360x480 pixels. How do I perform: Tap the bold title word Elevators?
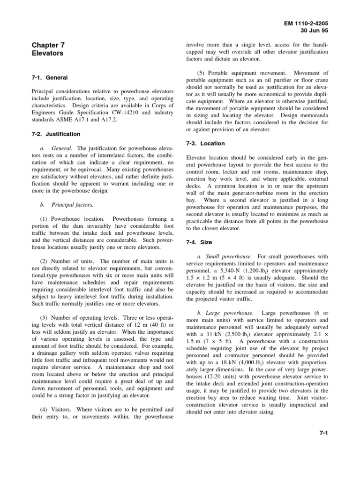[47, 53]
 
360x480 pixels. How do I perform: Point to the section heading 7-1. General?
[50, 77]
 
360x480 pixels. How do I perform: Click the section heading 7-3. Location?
[205, 143]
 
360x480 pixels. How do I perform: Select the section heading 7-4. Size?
[199, 242]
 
